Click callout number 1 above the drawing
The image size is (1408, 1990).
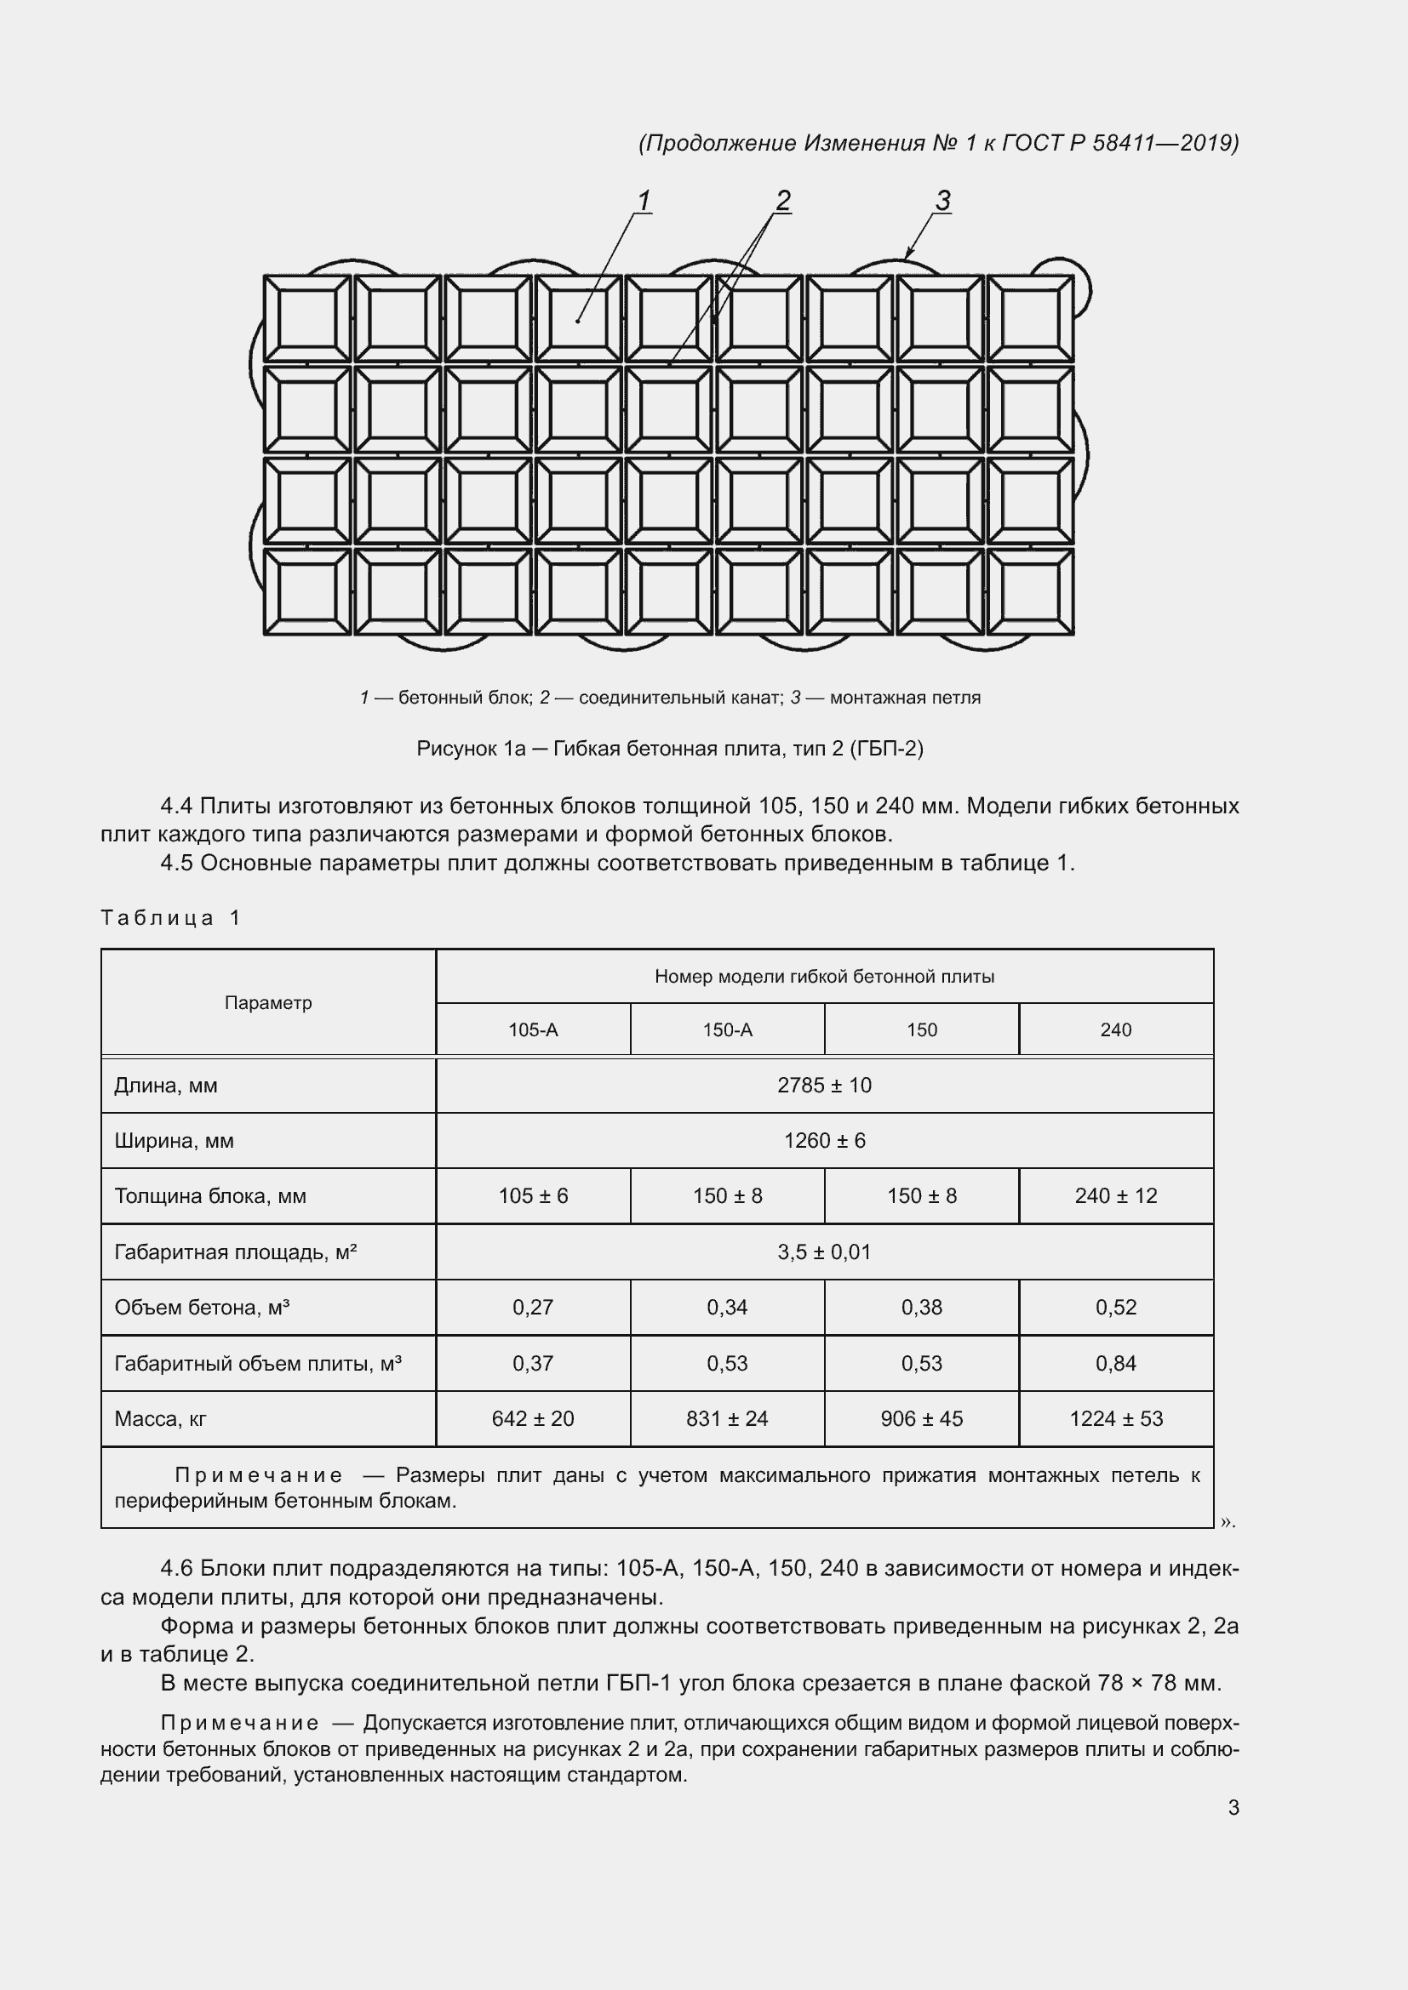(644, 200)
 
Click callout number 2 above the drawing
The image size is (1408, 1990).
(783, 200)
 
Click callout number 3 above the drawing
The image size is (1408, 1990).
(942, 200)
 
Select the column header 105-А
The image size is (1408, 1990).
(532, 1029)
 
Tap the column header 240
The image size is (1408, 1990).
(1115, 1029)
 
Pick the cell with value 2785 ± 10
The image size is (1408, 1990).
(824, 1085)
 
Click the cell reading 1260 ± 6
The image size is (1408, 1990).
(824, 1141)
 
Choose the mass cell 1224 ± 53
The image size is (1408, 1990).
(1115, 1419)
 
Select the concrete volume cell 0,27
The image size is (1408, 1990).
(532, 1307)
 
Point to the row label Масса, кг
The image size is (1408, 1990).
(160, 1419)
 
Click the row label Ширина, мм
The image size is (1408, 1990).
(174, 1141)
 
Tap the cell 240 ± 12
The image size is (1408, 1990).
(1115, 1196)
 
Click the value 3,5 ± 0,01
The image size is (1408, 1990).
(824, 1252)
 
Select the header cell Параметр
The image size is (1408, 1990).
(268, 1003)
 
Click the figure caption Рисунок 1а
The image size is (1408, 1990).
(471, 748)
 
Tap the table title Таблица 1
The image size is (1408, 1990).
(170, 918)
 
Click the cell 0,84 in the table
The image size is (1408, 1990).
(1115, 1363)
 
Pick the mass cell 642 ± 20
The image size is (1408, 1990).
(532, 1419)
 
